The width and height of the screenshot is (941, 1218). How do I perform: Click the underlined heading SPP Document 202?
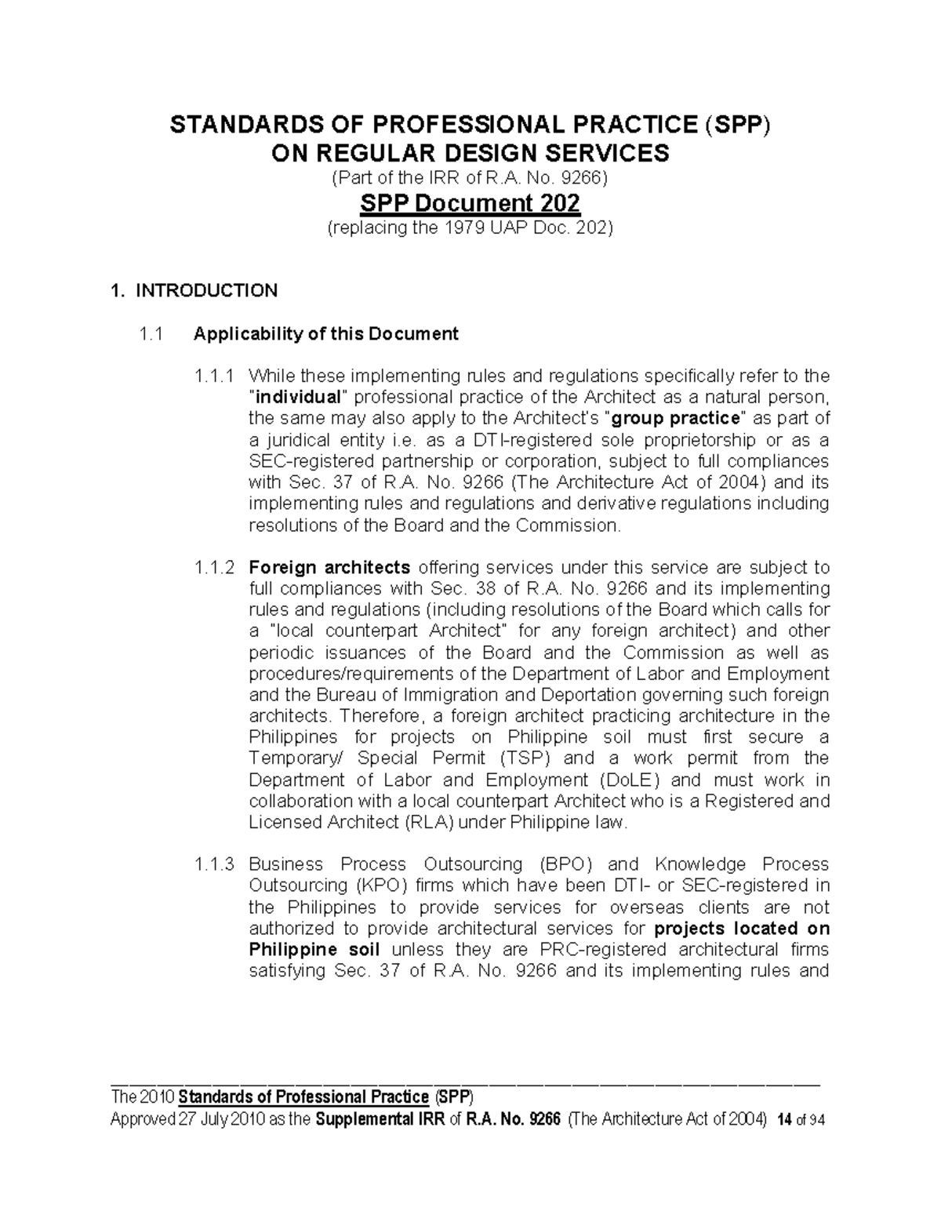click(470, 204)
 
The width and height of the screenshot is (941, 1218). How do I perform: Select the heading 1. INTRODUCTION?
click(194, 291)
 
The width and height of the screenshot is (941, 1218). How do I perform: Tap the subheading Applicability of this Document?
click(325, 334)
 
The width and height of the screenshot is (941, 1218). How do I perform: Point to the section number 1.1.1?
click(213, 376)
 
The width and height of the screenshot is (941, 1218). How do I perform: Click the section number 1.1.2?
click(213, 567)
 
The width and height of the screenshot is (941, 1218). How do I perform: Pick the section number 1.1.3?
click(213, 864)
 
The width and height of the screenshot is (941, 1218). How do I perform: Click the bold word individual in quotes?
click(296, 398)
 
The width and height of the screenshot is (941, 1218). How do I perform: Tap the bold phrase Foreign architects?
click(329, 567)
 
